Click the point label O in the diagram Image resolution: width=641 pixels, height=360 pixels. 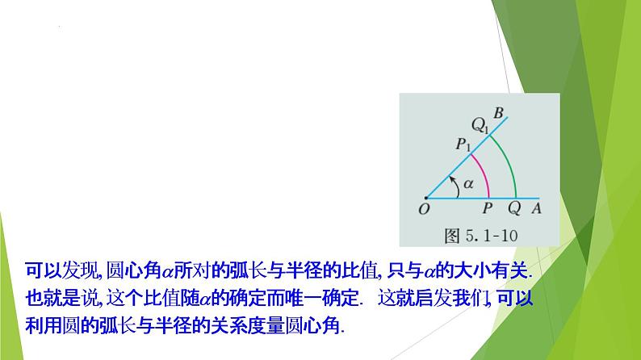tap(425, 209)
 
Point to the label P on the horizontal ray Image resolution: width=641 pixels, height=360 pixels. tap(487, 208)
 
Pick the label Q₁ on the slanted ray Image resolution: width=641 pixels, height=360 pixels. tap(481, 125)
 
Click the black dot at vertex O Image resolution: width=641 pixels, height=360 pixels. tap(425, 197)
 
